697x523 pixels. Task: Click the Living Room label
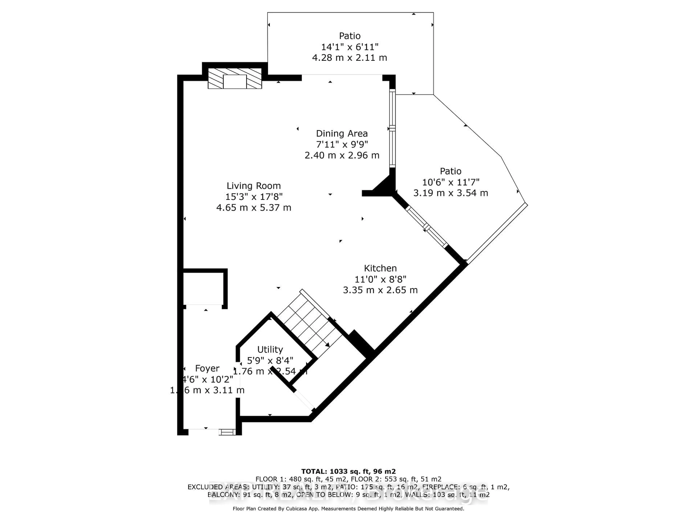[254, 186]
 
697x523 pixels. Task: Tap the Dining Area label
[342, 134]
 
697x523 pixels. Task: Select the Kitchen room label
[380, 268]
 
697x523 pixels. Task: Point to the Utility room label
[270, 349]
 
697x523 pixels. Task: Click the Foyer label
[207, 368]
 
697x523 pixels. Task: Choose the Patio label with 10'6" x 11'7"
[451, 171]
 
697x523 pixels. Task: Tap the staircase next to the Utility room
[309, 325]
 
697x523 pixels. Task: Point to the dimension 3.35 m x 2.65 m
[380, 290]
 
